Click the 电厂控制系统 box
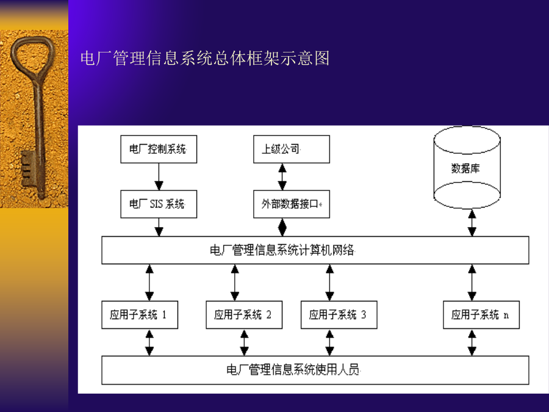[159, 150]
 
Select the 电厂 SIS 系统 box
[159, 204]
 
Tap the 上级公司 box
[292, 150]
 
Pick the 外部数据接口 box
[292, 204]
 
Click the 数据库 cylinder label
[465, 168]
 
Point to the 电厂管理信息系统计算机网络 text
[282, 250]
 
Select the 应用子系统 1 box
[140, 314]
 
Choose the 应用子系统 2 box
[244, 314]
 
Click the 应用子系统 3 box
[339, 314]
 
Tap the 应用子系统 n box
[481, 314]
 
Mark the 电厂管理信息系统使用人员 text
[293, 370]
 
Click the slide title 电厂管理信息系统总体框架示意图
[205, 58]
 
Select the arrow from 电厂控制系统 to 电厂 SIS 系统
[159, 176]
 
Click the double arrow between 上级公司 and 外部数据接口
[282, 176]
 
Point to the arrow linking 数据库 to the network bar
[472, 223]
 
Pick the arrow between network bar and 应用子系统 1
[149, 283]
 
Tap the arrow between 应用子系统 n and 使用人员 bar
[472, 342]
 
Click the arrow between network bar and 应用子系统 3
[329, 283]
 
